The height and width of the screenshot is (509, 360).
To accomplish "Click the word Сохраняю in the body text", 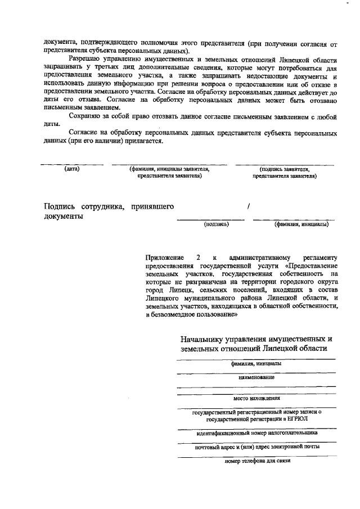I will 83,116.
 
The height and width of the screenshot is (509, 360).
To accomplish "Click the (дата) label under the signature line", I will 71,169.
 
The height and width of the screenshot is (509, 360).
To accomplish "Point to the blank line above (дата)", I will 71,164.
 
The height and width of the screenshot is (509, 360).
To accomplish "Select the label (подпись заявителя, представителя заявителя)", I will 284,172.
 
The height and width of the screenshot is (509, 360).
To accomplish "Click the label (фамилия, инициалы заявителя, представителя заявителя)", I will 169,172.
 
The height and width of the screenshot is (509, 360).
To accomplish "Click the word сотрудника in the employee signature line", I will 103,207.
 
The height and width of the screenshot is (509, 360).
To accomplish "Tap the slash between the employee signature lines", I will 248,207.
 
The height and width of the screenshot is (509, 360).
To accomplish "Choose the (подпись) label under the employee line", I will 215,224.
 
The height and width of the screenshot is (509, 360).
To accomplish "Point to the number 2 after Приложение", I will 198,257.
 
